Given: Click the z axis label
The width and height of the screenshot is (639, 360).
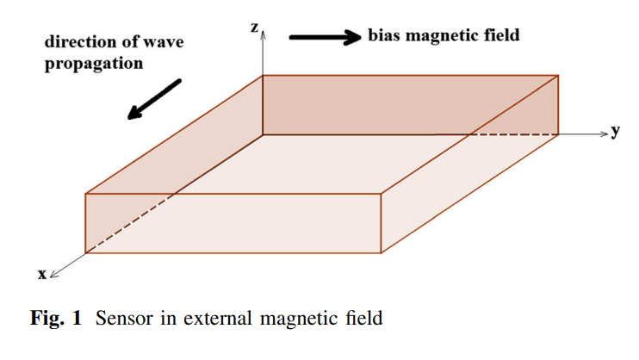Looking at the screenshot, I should click(255, 28).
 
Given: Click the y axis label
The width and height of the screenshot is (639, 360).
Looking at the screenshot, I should click(617, 132).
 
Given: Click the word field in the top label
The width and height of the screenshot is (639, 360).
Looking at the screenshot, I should click(503, 36).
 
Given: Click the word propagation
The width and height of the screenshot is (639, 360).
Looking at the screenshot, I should click(94, 64).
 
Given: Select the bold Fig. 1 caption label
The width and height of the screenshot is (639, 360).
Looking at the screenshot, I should click(56, 320).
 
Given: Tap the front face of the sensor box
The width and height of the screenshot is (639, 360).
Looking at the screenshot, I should click(233, 223).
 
